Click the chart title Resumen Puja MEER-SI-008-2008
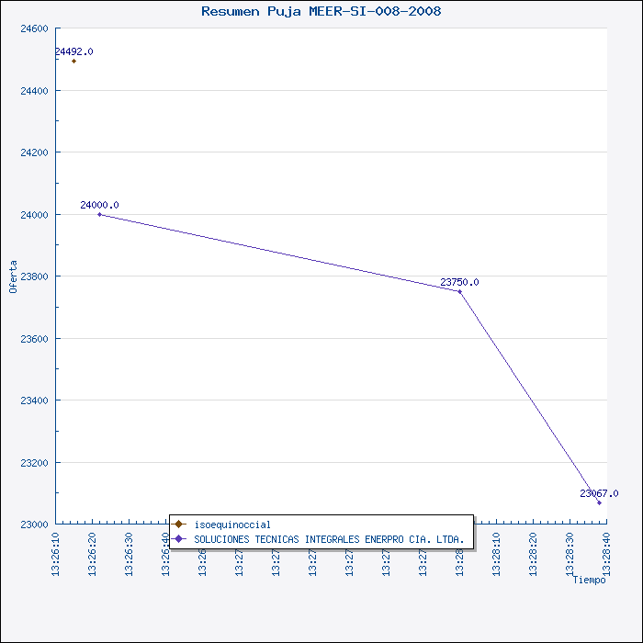point(321,11)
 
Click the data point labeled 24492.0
point(73,61)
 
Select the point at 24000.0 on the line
point(99,214)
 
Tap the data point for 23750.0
point(460,291)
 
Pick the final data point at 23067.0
point(599,502)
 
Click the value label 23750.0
point(459,282)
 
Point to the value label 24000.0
point(99,205)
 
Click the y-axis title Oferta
point(13,276)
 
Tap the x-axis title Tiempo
point(589,580)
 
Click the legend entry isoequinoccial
point(232,525)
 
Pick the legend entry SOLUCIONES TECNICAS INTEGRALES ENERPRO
point(329,538)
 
